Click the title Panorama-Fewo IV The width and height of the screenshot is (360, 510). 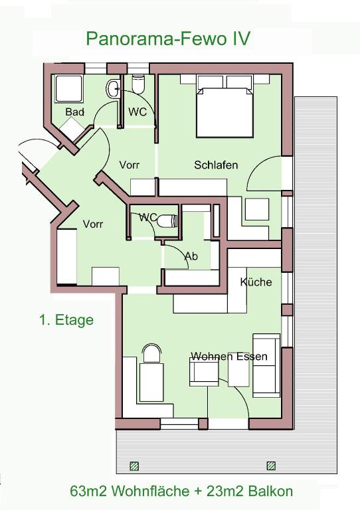coord(168,39)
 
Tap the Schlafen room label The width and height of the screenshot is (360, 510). coord(216,165)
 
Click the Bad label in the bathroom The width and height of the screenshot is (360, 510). coord(75,112)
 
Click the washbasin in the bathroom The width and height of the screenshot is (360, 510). coord(113,88)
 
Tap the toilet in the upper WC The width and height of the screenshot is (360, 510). coord(138,84)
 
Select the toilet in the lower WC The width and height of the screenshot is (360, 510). coord(167,221)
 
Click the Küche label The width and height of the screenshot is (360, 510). coord(256,282)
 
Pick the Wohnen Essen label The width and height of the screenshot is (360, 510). coord(229,356)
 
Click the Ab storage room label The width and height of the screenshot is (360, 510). coord(191,256)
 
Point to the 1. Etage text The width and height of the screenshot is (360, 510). coord(66,319)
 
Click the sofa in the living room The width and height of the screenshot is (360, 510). coord(266,365)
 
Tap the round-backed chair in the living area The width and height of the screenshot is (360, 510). coord(152,353)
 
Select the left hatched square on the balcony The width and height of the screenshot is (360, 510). coord(134,466)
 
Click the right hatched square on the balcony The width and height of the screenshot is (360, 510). coord(271,466)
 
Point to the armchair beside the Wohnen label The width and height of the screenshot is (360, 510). coord(204,372)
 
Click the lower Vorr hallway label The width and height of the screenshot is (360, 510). coord(93,224)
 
